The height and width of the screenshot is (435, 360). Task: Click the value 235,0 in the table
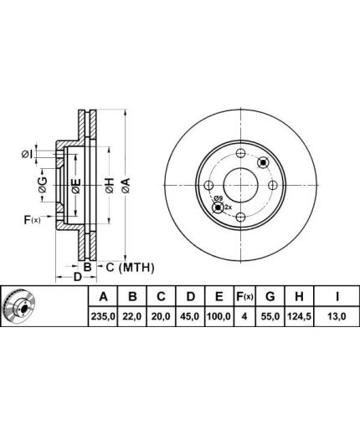tap(103, 316)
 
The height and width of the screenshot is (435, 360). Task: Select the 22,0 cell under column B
tap(132, 316)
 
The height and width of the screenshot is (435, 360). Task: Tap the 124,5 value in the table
tap(299, 316)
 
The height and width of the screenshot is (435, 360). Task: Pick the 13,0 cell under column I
tap(337, 316)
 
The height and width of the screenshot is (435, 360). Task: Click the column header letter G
tap(270, 296)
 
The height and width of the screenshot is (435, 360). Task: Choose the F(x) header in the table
tap(244, 296)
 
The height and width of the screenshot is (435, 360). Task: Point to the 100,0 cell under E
tap(219, 316)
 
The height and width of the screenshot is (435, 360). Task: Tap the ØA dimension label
tap(126, 186)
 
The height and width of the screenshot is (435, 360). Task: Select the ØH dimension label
tap(110, 186)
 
